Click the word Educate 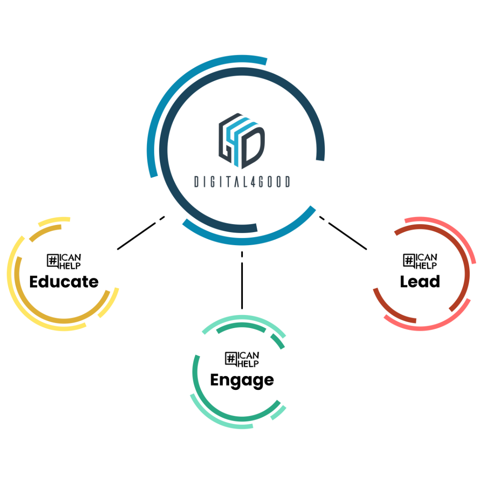pyautogui.click(x=64, y=282)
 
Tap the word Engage pyautogui.click(x=242, y=380)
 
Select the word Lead pyautogui.click(x=420, y=281)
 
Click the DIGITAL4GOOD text pyautogui.click(x=242, y=181)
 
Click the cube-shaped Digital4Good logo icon pyautogui.click(x=242, y=141)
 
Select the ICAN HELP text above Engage pyautogui.click(x=248, y=359)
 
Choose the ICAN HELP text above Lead pyautogui.click(x=426, y=261)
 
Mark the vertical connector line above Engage pyautogui.click(x=242, y=285)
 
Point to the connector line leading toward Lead pyautogui.click(x=347, y=236)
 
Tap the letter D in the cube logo pyautogui.click(x=253, y=146)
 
